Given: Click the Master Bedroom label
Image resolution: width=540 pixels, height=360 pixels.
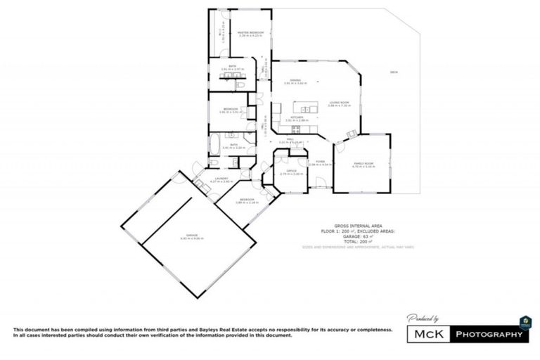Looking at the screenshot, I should point(250,32).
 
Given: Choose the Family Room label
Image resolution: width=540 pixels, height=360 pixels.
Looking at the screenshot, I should point(363,165).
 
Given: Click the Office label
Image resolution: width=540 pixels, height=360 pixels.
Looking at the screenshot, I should point(290,172).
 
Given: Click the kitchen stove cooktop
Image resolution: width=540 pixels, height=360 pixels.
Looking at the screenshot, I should point(296,129).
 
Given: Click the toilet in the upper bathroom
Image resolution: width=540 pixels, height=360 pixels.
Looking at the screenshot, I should point(241,84).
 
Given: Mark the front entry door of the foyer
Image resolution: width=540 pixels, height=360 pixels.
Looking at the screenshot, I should point(321,186).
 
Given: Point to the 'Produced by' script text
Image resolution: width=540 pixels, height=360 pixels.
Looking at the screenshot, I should point(424,319).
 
